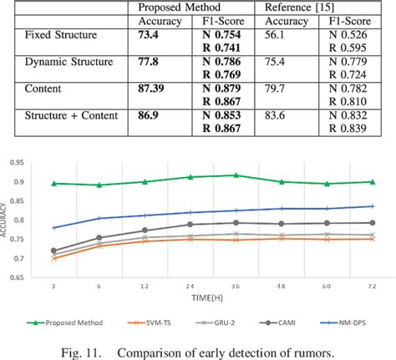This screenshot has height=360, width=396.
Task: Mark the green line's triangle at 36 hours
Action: (x=236, y=175)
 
